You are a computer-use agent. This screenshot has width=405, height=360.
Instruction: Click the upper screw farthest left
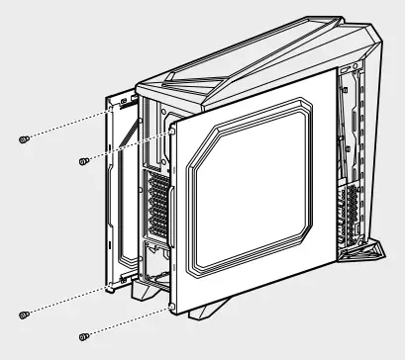(x=24, y=139)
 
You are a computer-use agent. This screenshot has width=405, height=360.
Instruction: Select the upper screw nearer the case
(x=83, y=159)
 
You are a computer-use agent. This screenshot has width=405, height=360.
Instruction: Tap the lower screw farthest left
(x=24, y=315)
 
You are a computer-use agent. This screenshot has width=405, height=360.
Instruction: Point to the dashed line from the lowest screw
(x=129, y=321)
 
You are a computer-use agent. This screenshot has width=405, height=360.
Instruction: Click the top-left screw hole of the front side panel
(x=174, y=127)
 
